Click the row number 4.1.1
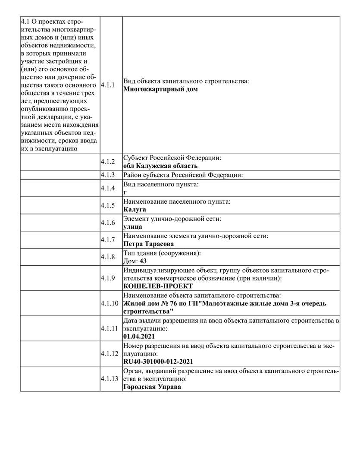coord(108,85)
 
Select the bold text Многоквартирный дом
coord(160,89)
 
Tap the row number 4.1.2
coord(108,162)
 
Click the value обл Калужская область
coord(160,166)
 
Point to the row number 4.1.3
coord(108,175)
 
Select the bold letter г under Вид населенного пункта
coord(125,192)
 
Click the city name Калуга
coord(135,209)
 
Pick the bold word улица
coord(133,227)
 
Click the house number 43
coord(144,261)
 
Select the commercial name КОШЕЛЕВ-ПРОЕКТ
coord(158,286)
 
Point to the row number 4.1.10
coord(109,303)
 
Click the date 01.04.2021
coord(139,336)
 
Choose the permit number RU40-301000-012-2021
coord(158,362)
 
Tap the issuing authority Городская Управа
coord(152,387)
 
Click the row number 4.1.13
coord(109,379)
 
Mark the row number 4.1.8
coord(108,257)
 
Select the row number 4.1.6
coord(108,223)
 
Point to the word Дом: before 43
coord(131,261)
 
